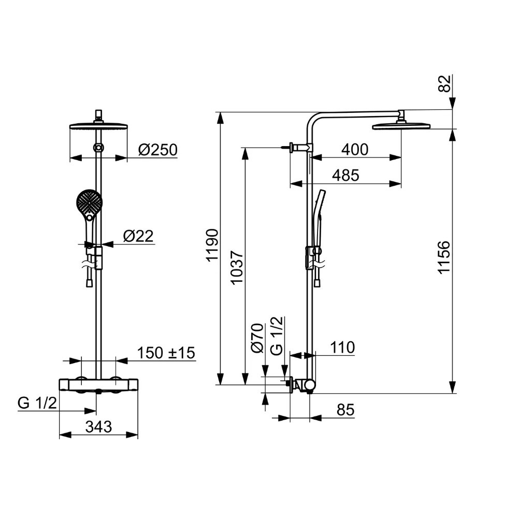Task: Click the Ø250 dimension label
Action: click(157, 150)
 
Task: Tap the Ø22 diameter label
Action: click(138, 236)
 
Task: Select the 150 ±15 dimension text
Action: click(166, 353)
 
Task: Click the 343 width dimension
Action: click(98, 427)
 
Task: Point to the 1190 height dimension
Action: click(212, 245)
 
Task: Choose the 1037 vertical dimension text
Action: click(237, 268)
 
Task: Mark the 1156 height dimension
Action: click(444, 257)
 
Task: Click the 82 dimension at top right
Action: click(444, 83)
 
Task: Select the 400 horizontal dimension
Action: click(355, 150)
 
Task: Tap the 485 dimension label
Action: click(346, 176)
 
